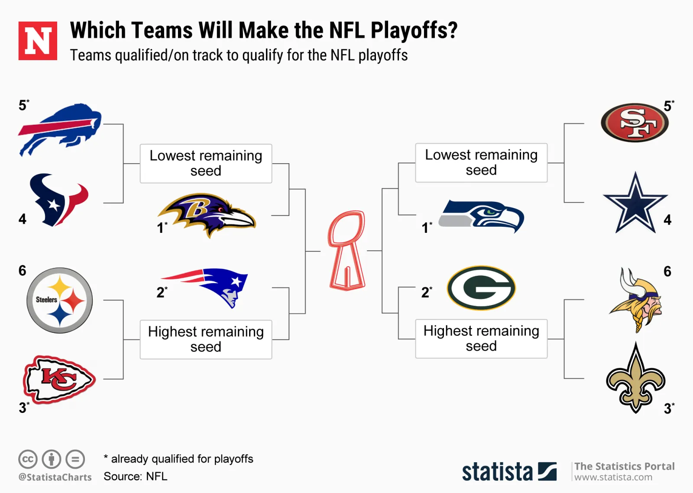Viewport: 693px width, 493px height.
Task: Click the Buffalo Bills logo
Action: click(60, 130)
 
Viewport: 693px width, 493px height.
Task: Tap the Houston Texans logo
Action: click(59, 200)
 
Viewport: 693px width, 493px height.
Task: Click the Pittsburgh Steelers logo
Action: click(60, 300)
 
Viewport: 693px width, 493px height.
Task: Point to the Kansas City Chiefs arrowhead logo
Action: click(59, 380)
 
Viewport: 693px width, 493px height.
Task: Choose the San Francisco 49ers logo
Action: click(635, 123)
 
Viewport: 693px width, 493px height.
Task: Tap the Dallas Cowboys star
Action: click(635, 203)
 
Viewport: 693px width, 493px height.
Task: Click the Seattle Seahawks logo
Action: click(481, 216)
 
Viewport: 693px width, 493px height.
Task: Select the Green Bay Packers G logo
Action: click(481, 288)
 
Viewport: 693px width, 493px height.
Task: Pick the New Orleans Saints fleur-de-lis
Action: click(636, 378)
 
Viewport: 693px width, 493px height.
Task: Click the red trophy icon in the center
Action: click(347, 250)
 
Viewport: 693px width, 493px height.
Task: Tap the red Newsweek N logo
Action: click(38, 41)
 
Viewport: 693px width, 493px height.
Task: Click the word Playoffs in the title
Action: click(414, 31)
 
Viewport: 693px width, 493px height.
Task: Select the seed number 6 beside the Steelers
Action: click(22, 271)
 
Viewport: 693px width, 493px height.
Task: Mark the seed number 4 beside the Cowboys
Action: click(667, 220)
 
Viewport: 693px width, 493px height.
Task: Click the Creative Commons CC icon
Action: click(28, 459)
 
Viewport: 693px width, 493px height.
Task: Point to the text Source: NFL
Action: click(136, 476)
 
